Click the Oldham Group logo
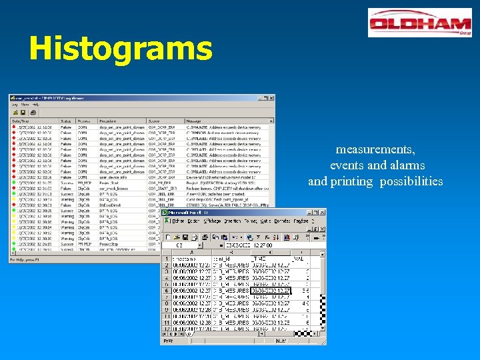point(419,23)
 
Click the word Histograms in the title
point(121,48)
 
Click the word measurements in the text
point(375,149)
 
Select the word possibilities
point(411,181)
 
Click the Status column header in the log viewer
point(66,121)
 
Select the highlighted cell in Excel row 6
point(271,291)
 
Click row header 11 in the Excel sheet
point(166,322)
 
